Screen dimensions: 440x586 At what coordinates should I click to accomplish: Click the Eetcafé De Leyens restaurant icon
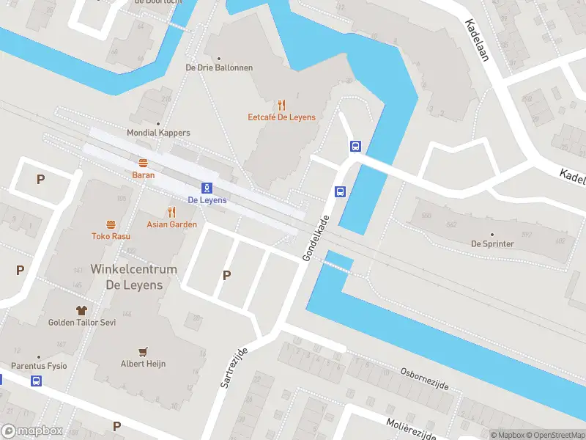(x=281, y=106)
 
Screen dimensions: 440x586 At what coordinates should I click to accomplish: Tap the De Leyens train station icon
(x=207, y=188)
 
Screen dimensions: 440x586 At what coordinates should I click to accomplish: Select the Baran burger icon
(x=143, y=163)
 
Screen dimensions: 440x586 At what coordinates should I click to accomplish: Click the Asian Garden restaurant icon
(x=172, y=212)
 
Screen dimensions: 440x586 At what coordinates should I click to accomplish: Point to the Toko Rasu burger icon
(x=111, y=224)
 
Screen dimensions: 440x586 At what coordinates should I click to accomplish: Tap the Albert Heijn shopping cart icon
(x=144, y=351)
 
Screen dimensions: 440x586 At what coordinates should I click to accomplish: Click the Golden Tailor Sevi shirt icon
(x=82, y=310)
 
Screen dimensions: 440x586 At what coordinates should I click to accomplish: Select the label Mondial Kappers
(x=158, y=133)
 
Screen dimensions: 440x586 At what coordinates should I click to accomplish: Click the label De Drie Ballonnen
(x=219, y=67)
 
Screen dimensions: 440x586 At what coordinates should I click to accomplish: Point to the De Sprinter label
(x=492, y=243)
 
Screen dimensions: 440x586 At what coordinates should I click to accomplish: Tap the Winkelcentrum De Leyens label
(x=133, y=277)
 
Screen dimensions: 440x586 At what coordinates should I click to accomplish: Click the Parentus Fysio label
(x=39, y=365)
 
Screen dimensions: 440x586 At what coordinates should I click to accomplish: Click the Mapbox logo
(x=32, y=431)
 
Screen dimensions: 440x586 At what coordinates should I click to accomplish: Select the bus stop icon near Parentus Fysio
(x=36, y=381)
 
